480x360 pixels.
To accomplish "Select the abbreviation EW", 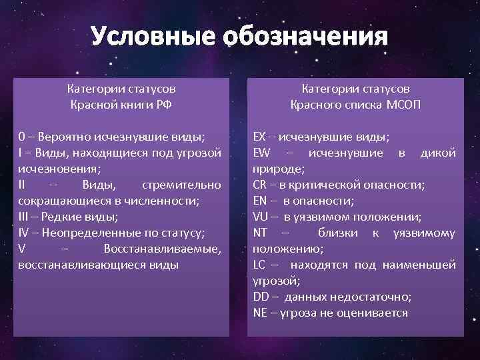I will (x=261, y=153).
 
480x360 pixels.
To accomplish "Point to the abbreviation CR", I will (x=261, y=185).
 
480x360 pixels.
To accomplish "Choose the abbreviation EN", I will (x=260, y=200).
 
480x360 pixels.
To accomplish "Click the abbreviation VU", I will (x=261, y=216).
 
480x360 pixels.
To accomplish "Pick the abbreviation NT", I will (x=260, y=233).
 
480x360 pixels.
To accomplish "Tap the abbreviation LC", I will (x=259, y=265).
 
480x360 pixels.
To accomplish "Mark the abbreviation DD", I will (x=261, y=297).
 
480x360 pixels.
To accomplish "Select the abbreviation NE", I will (x=260, y=313).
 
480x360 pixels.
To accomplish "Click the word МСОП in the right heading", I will (x=403, y=105).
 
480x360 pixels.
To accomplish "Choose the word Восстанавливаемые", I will (x=163, y=249).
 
